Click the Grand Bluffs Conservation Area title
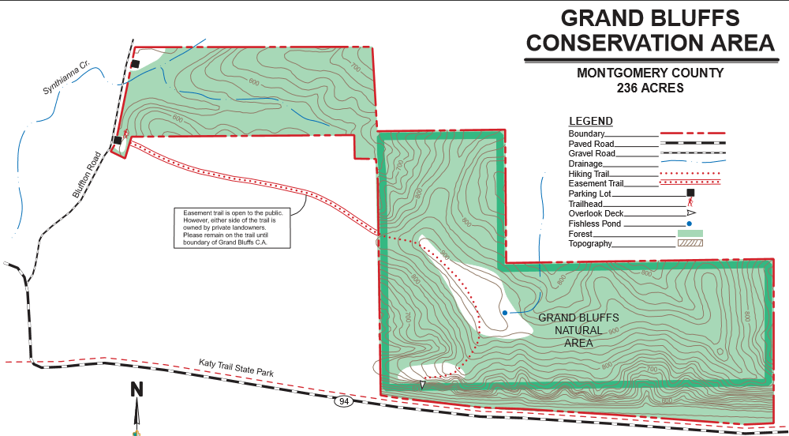[650, 30]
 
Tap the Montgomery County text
[649, 73]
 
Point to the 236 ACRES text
[649, 88]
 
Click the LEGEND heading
[591, 121]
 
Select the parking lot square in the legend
[690, 193]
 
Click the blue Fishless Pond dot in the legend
[690, 224]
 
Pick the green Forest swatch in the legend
[690, 233]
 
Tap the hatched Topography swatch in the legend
[690, 243]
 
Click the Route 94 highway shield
[343, 402]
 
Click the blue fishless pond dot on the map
[505, 314]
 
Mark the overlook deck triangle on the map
[423, 385]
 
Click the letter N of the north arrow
[136, 389]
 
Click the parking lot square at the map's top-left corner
[135, 64]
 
